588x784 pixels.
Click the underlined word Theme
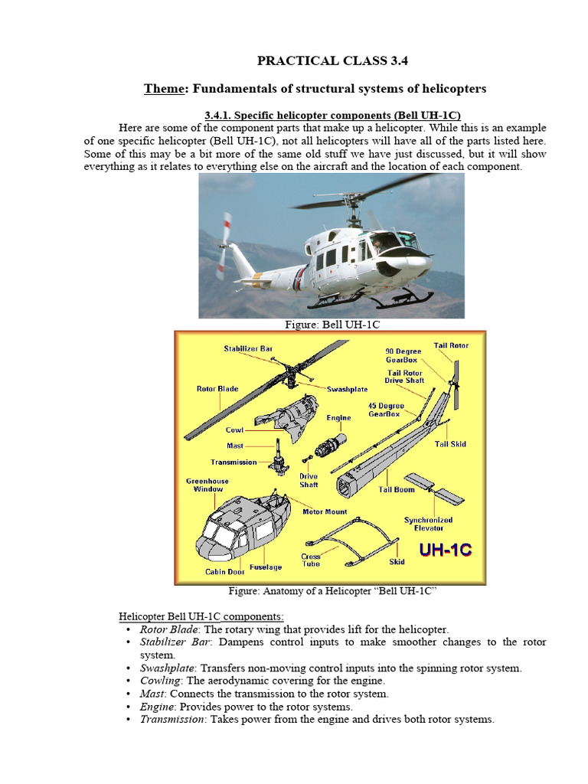click(x=166, y=89)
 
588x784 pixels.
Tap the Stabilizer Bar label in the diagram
click(x=248, y=348)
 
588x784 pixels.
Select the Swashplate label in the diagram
click(x=348, y=389)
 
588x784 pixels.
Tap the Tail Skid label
click(x=450, y=444)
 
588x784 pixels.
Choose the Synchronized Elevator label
click(x=428, y=524)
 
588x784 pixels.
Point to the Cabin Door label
click(x=224, y=572)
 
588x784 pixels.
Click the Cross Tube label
click(x=311, y=560)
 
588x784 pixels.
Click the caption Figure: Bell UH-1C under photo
click(x=332, y=325)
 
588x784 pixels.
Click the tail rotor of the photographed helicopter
click(x=224, y=245)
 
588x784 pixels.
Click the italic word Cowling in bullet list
click(x=159, y=681)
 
